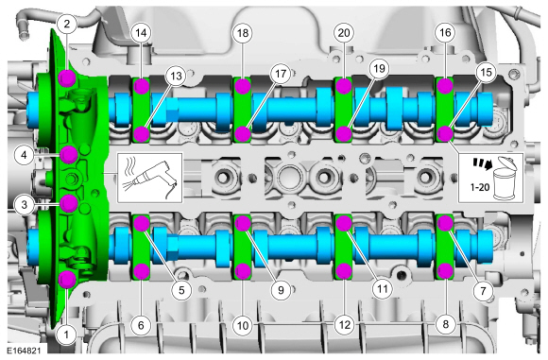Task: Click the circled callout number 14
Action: (141, 33)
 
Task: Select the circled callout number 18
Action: (243, 33)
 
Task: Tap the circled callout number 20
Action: (344, 33)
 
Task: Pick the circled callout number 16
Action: (445, 33)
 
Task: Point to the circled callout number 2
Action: (67, 25)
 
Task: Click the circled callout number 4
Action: (25, 155)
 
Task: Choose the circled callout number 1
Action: (66, 334)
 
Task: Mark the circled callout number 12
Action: (344, 325)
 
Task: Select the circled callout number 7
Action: (484, 290)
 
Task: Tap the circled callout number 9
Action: (281, 290)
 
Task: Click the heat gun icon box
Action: (150, 178)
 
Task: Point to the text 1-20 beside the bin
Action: (480, 188)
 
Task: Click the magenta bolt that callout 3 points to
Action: (68, 203)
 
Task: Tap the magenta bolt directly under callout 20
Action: (344, 86)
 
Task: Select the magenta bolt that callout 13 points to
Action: (142, 134)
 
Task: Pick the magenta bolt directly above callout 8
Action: (445, 270)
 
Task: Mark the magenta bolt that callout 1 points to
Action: (67, 279)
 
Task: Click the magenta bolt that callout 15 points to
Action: (445, 133)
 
